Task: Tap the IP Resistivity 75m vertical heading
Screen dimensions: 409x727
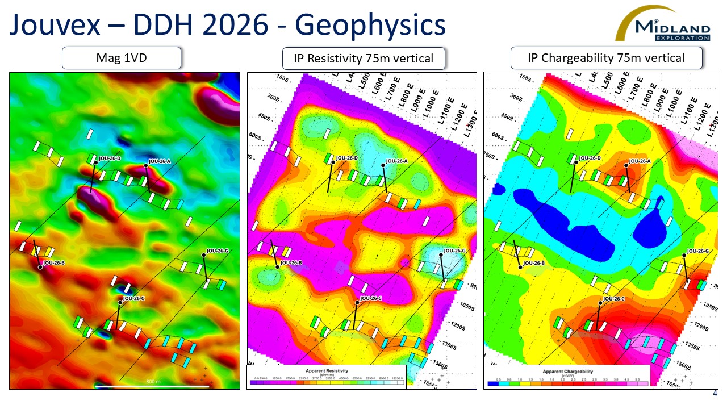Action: pyautogui.click(x=363, y=58)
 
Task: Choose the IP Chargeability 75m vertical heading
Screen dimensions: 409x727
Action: pyautogui.click(x=606, y=58)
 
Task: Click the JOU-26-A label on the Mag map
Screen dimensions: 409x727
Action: pyautogui.click(x=160, y=161)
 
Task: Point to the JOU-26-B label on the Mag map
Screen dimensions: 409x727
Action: pyautogui.click(x=53, y=263)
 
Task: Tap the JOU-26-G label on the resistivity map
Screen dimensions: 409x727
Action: pyautogui.click(x=454, y=251)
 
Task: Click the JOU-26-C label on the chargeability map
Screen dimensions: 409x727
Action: pyautogui.click(x=613, y=299)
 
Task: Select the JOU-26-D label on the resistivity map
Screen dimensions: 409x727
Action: pyautogui.click(x=346, y=158)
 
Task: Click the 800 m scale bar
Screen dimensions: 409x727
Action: pyautogui.click(x=152, y=386)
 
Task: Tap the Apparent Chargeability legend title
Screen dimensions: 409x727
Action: pyautogui.click(x=566, y=371)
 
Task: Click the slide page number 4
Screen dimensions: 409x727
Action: pyautogui.click(x=715, y=394)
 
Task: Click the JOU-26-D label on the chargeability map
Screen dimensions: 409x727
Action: pyautogui.click(x=590, y=158)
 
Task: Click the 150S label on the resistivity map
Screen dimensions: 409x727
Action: pyautogui.click(x=283, y=78)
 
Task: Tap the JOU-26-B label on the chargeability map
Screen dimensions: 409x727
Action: pyautogui.click(x=534, y=263)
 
